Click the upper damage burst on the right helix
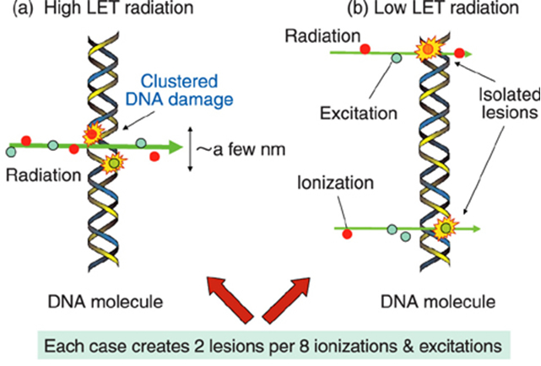pyautogui.click(x=429, y=51)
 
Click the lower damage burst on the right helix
pyautogui.click(x=444, y=227)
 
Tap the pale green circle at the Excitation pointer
pyautogui.click(x=397, y=58)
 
